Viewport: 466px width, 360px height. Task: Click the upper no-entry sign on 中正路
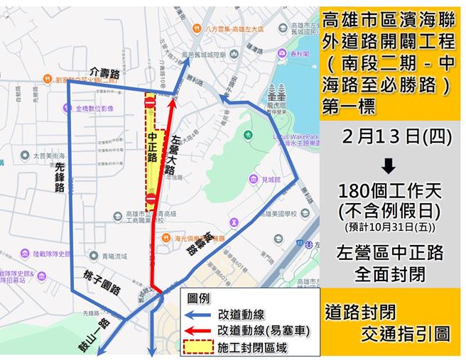point(150,103)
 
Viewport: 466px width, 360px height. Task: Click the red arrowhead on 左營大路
point(171,101)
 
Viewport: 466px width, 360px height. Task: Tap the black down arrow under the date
point(389,166)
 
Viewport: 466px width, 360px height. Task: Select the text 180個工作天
point(389,193)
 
